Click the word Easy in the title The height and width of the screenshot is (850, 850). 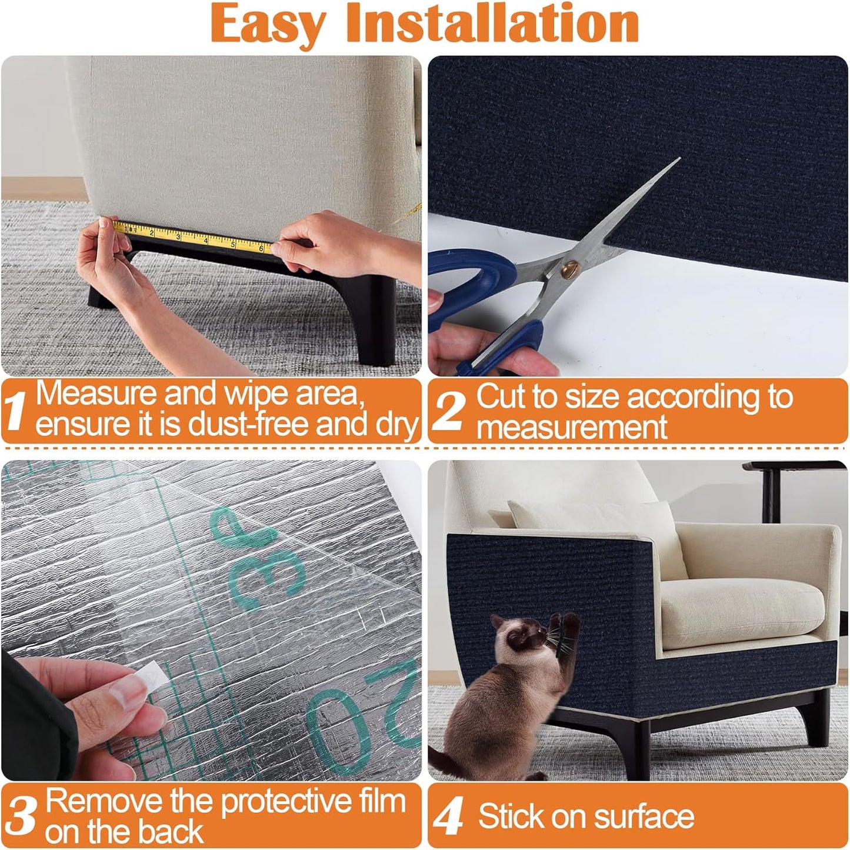(x=268, y=24)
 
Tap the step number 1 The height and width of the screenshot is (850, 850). (x=16, y=411)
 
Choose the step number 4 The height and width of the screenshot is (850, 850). (x=449, y=817)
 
